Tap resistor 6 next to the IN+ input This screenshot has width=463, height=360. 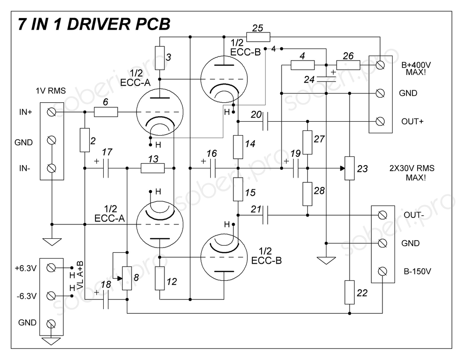(106, 112)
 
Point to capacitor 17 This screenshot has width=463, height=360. (106, 169)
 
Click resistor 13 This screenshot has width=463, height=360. (152, 169)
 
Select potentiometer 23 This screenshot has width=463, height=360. (350, 168)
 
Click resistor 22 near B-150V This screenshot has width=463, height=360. (350, 292)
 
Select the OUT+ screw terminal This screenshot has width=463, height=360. (381, 122)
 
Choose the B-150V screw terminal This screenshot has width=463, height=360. (382, 271)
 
